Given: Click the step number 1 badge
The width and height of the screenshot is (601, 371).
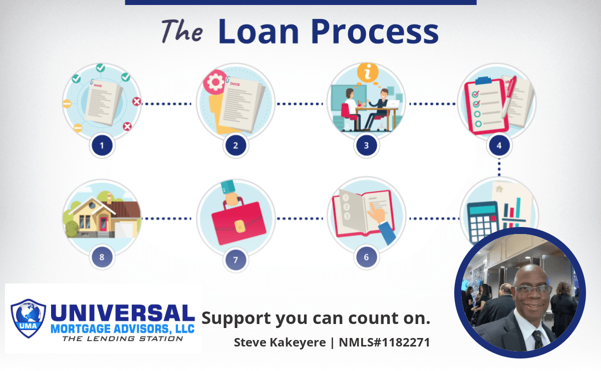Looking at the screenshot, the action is point(102,145).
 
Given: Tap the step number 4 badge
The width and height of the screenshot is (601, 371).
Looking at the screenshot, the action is point(499,145).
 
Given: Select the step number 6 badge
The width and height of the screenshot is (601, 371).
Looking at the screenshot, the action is point(367,257).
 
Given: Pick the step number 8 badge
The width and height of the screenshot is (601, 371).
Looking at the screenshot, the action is point(102,257).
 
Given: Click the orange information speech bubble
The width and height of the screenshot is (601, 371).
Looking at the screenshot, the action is point(368,72).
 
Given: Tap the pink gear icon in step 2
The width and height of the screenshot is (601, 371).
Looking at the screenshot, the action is point(215,82).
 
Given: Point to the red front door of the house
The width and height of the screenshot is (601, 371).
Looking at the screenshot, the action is point(104,224).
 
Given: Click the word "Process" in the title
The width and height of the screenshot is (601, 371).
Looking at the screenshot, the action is point(375,31).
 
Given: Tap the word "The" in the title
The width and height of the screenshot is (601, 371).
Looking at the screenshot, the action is point(182,31).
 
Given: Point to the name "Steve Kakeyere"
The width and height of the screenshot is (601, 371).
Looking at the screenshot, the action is point(280,342).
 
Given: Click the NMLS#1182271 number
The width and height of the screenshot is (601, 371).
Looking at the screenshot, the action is point(384,342).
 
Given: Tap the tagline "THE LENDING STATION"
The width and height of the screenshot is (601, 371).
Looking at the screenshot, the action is point(123,338).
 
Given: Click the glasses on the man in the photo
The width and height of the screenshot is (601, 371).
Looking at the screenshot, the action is point(532,289).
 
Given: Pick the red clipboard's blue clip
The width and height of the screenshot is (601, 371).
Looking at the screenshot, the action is point(483,80).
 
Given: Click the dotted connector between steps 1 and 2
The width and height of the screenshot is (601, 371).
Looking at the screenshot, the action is point(167,103).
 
